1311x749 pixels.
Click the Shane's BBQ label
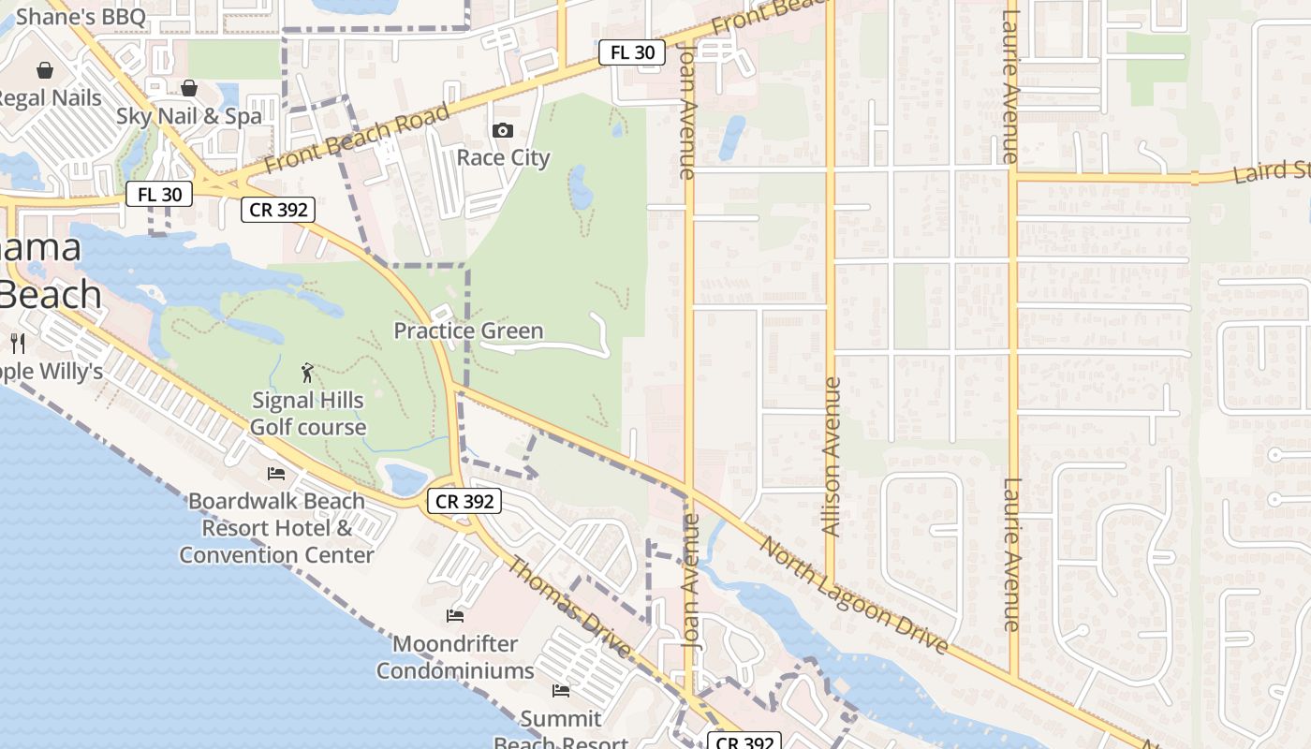coord(81,16)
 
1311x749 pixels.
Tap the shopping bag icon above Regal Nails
coord(44,70)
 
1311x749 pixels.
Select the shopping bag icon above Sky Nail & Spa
coord(189,88)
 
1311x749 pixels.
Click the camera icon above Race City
coord(503,130)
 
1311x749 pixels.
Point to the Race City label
coord(503,156)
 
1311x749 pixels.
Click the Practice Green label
coord(468,330)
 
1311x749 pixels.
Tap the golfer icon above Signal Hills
coord(307,374)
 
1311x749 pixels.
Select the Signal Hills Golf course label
coord(308,413)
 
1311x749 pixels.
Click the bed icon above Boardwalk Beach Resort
coord(276,474)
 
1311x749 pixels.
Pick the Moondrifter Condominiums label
coord(455,657)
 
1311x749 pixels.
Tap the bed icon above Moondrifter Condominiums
coord(455,615)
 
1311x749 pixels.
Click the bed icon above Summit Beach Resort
coord(561,691)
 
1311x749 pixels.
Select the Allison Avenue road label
coord(831,456)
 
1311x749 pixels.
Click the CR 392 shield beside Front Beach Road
coord(278,210)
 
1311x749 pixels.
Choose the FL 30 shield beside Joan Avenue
coord(632,52)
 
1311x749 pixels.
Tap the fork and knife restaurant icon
coord(18,343)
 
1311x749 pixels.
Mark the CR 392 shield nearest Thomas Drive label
coord(464,501)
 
